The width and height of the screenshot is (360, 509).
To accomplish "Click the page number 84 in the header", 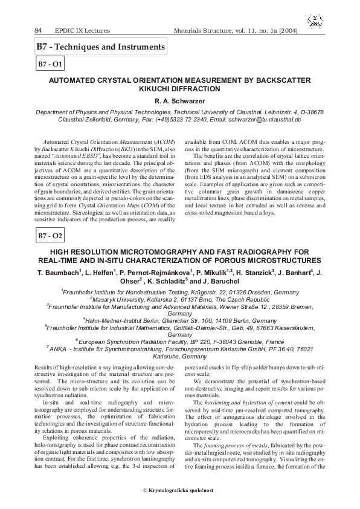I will coord(38,30).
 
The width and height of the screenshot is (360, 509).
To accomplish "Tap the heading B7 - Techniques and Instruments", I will coord(100,46).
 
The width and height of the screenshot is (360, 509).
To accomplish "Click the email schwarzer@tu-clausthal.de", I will coord(268,120).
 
